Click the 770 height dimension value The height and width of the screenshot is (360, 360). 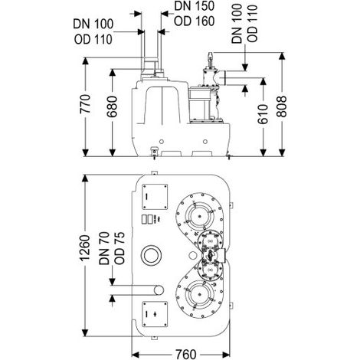coord(85,104)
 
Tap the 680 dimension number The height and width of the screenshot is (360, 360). coord(112,106)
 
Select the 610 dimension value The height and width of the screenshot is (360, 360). coord(263,114)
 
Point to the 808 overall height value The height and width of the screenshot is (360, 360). coord(282,106)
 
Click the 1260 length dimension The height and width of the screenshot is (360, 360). coord(85,248)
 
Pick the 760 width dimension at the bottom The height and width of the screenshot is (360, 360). coord(185,354)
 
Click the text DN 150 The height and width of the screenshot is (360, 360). coord(194,6)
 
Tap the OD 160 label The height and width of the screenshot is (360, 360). coord(194,21)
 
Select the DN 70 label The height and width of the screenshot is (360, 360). coord(104,248)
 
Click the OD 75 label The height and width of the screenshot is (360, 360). coord(119,248)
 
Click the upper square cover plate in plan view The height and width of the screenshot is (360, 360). coord(155,197)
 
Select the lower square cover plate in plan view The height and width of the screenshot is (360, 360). coord(155,314)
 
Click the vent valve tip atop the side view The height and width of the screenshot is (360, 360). coord(210,54)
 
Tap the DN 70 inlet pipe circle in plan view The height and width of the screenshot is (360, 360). coord(159,290)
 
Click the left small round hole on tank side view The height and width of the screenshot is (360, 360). coord(161,142)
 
